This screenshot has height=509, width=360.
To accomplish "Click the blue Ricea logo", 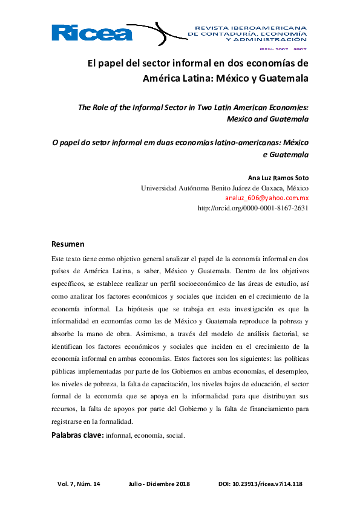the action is (92, 33).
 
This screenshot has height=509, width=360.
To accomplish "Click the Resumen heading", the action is (68, 245).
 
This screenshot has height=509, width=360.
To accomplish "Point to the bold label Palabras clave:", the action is (77, 435).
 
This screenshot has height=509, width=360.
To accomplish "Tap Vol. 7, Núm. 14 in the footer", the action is (79, 484).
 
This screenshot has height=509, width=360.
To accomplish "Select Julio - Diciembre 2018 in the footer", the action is (159, 484).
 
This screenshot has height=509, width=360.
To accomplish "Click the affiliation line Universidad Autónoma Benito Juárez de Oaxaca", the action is (224, 188).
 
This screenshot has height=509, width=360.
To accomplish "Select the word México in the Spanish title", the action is (234, 78).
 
